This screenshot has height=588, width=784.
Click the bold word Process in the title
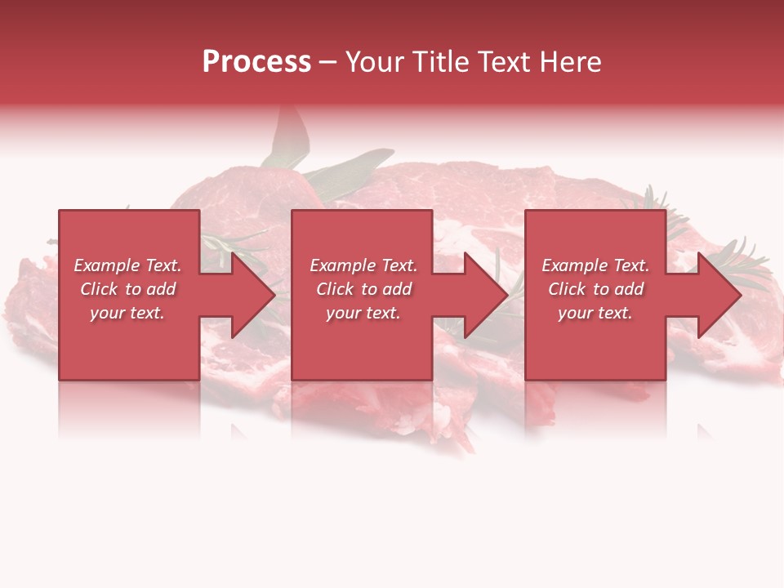256,63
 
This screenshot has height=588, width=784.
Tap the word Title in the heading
443,63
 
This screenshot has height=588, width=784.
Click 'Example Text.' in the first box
127,265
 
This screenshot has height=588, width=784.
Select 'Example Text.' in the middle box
363,265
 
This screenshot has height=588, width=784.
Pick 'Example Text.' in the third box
595,265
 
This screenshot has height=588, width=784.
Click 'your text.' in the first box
127,313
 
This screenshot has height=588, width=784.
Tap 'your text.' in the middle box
363,313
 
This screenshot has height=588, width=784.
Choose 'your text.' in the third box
595,313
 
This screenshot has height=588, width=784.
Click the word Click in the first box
100,289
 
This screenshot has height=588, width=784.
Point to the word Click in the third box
568,289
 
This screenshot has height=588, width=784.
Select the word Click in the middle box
336,289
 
